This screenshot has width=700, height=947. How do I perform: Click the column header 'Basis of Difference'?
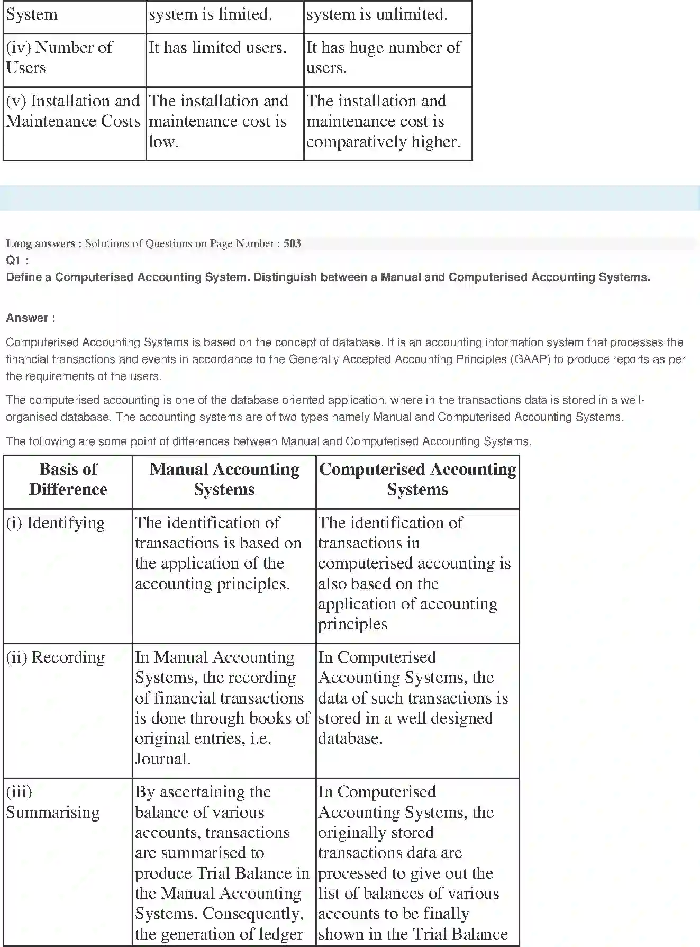[68, 479]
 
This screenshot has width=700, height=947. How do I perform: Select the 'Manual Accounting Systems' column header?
[224, 479]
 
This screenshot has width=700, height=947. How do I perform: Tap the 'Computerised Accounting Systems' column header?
[417, 479]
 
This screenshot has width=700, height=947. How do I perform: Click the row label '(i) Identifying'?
[56, 523]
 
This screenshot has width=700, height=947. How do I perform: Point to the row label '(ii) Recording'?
[56, 657]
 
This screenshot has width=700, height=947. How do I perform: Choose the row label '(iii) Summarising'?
[52, 802]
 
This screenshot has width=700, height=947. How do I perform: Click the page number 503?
[292, 243]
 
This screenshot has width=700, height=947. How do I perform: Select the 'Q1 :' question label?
[17, 260]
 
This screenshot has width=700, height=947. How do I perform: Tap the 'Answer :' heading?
[31, 318]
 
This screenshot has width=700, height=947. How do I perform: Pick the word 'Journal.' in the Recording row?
[163, 759]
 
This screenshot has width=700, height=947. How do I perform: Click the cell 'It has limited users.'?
[217, 48]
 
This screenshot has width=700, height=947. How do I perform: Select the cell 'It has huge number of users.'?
[383, 58]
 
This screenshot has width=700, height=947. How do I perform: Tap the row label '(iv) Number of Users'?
[59, 58]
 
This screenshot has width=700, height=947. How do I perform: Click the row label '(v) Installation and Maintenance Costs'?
[73, 111]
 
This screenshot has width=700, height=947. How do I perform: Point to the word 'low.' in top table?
[163, 142]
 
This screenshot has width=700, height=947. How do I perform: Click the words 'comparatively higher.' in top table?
[383, 142]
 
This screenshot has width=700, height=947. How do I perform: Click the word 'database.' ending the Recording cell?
[350, 739]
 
